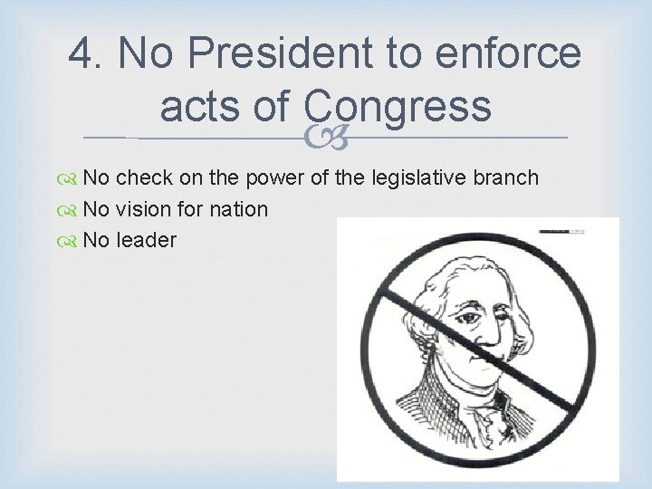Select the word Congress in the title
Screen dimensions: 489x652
[398, 107]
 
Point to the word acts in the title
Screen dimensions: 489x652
[205, 107]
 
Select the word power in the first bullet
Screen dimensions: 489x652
[282, 178]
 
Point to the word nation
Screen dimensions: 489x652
[237, 209]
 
